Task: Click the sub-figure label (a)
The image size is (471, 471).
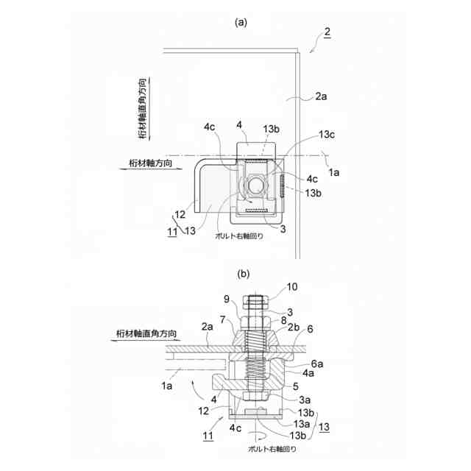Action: [x=241, y=22]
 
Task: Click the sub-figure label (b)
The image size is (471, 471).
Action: [x=244, y=274]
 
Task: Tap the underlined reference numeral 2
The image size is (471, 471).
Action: [x=327, y=32]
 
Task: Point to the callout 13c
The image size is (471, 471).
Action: [x=327, y=135]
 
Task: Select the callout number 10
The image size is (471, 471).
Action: [x=292, y=287]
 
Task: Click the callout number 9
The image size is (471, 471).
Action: [x=227, y=299]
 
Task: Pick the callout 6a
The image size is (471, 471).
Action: [x=317, y=364]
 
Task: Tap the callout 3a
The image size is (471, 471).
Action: [x=305, y=400]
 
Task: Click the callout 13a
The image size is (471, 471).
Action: [x=301, y=424]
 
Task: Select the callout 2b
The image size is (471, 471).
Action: [x=294, y=327]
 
